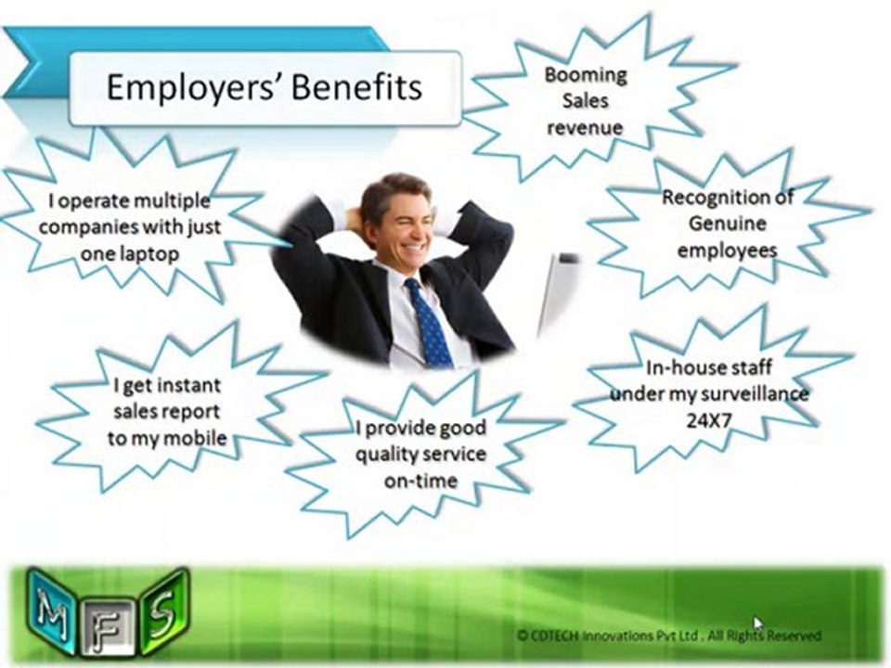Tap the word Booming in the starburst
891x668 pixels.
pos(586,74)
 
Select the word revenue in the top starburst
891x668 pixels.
pos(585,127)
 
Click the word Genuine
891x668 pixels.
pos(728,224)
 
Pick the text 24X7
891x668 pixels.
pos(708,420)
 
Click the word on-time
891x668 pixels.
pos(420,481)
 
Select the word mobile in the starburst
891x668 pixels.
pos(195,438)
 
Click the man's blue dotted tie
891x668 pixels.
pos(429,323)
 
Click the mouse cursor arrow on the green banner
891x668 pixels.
pos(757,623)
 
